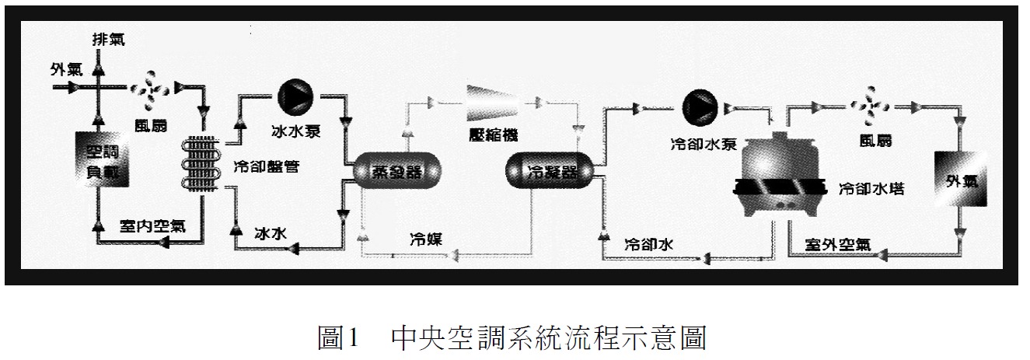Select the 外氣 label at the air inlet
(65, 69)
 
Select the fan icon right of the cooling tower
(864, 105)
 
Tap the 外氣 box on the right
(960, 180)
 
